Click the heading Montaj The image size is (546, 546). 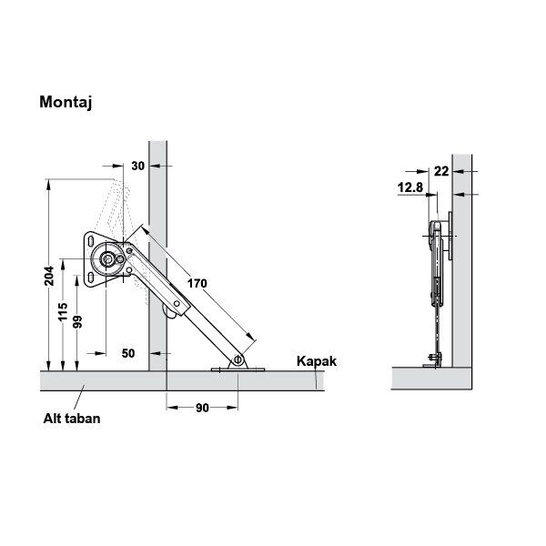tap(66, 102)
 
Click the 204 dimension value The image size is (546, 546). tap(49, 276)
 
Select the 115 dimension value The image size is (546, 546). tap(63, 311)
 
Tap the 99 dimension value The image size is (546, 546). tap(78, 322)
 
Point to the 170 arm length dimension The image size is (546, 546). tap(197, 283)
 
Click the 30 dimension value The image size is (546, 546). tap(138, 167)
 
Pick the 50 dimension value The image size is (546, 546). tap(128, 353)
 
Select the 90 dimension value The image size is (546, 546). tap(202, 408)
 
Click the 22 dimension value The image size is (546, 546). tap(441, 171)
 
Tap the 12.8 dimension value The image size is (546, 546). tap(410, 187)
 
